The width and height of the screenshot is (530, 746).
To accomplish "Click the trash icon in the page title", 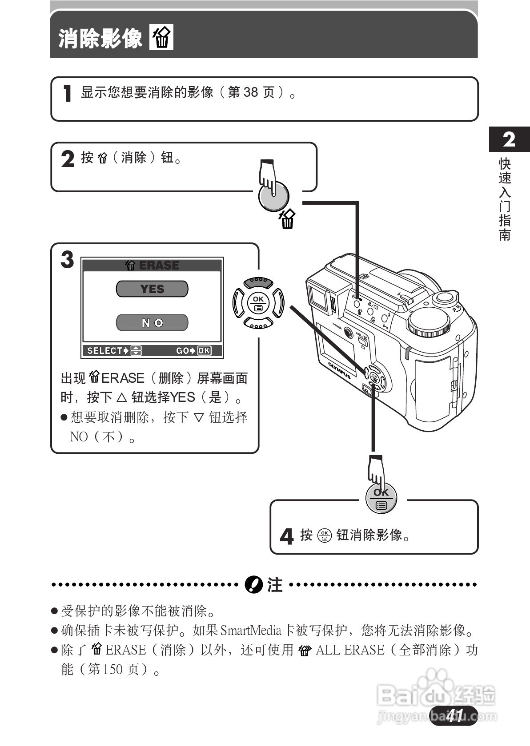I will tap(161, 38).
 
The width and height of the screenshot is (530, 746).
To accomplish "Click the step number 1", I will tap(67, 94).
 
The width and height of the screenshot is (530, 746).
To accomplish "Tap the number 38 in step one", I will tap(251, 92).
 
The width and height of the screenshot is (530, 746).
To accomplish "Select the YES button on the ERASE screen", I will tap(152, 289).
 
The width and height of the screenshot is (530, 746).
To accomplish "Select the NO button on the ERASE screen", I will tap(152, 323).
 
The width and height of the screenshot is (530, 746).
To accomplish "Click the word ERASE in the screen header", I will tap(159, 266).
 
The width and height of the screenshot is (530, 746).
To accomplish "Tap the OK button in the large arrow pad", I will tap(258, 303).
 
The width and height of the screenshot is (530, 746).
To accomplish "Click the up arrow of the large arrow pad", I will tap(258, 282).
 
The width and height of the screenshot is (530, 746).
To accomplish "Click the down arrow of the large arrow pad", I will tap(258, 324).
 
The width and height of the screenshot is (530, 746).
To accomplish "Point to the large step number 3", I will tap(67, 260).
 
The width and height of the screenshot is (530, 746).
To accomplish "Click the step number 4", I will tap(287, 536).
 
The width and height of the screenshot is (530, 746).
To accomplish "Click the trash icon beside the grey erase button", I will tap(288, 219).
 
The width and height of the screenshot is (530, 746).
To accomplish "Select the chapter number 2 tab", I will tap(509, 140).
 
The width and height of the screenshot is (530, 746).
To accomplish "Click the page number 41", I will tap(454, 715).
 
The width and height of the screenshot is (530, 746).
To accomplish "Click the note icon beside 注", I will tap(254, 585).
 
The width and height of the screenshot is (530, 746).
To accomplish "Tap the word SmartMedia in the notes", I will tap(251, 631).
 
